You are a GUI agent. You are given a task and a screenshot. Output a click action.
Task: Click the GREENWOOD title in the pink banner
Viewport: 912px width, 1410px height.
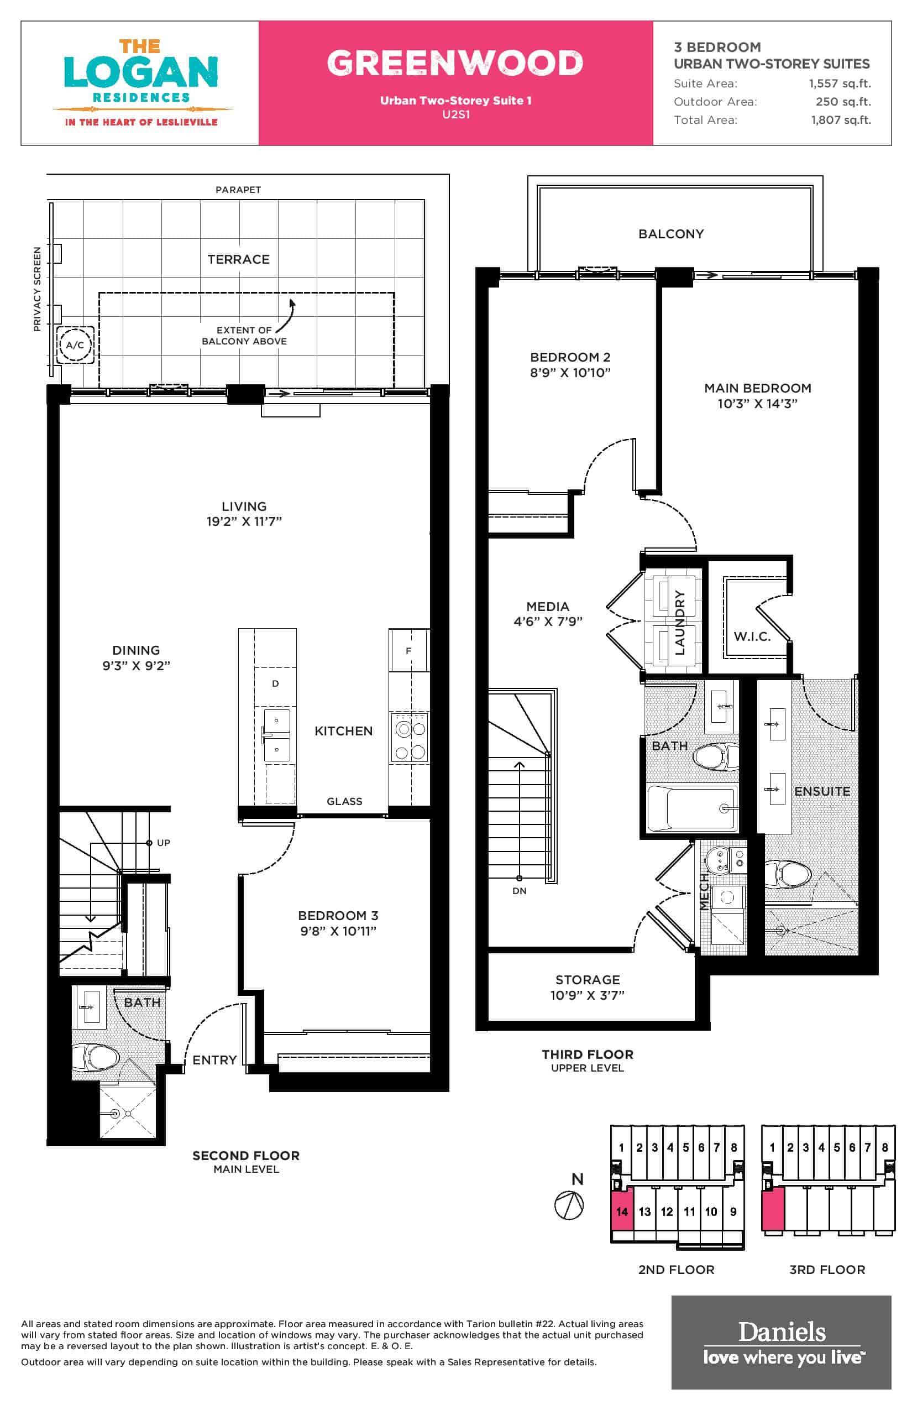click(455, 63)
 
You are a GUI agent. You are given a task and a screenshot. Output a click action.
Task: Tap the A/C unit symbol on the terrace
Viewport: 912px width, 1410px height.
click(75, 345)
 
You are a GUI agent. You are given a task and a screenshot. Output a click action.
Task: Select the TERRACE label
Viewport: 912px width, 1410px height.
click(238, 259)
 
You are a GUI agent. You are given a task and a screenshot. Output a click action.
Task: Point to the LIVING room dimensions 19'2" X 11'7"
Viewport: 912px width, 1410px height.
click(244, 521)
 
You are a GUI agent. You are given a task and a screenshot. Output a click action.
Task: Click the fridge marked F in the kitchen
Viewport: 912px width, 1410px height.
click(408, 650)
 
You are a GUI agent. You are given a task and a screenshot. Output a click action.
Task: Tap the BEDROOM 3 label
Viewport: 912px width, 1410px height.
click(338, 915)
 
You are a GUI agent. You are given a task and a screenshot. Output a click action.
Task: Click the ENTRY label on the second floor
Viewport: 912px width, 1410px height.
click(214, 1060)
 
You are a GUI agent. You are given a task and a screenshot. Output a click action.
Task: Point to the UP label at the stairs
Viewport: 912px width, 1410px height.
click(164, 843)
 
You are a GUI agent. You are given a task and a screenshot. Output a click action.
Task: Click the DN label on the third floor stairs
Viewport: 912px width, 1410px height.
click(520, 890)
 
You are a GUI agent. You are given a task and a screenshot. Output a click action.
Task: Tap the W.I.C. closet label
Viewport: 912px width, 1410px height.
click(752, 636)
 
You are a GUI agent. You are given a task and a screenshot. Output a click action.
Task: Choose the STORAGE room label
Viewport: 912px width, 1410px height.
click(588, 980)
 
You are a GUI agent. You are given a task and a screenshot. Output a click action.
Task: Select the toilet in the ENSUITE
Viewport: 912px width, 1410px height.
click(788, 874)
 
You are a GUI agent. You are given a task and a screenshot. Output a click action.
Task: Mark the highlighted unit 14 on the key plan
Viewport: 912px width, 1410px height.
click(622, 1211)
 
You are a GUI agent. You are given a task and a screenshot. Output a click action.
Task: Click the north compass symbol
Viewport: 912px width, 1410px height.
click(569, 1205)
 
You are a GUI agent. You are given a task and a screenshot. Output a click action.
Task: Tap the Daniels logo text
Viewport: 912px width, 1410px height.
click(782, 1333)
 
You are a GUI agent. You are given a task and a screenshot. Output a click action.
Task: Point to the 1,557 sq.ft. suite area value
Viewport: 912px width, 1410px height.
click(840, 83)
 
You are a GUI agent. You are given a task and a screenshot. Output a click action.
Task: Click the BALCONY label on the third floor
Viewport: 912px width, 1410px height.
click(671, 234)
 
